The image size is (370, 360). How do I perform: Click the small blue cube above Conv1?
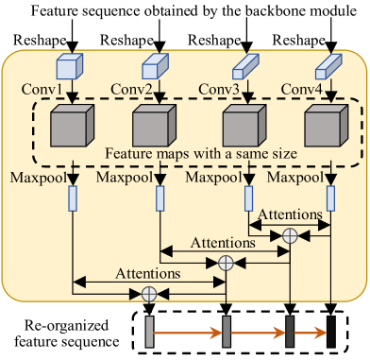72,65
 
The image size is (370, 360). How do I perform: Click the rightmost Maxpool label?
295,177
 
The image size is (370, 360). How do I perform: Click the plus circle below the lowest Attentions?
148,294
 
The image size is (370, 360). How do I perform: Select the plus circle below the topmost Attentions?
290,232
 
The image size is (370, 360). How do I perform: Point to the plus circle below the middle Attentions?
226,263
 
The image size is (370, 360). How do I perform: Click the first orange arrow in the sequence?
188,332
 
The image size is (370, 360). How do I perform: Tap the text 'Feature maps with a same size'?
201,153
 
